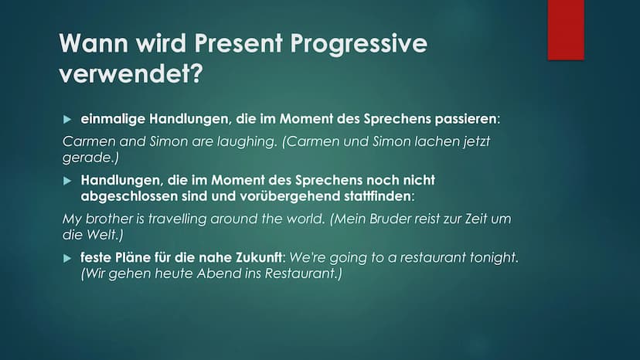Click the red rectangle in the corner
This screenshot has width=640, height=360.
click(566, 30)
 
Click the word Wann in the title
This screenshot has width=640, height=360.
click(94, 42)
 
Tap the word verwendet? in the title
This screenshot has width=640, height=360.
click(131, 73)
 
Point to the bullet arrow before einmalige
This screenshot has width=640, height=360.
click(67, 119)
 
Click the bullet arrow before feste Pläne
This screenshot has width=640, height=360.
click(67, 258)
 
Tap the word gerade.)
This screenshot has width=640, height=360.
click(90, 158)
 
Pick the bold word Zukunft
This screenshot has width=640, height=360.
click(259, 257)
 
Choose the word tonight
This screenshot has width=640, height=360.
click(494, 257)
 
